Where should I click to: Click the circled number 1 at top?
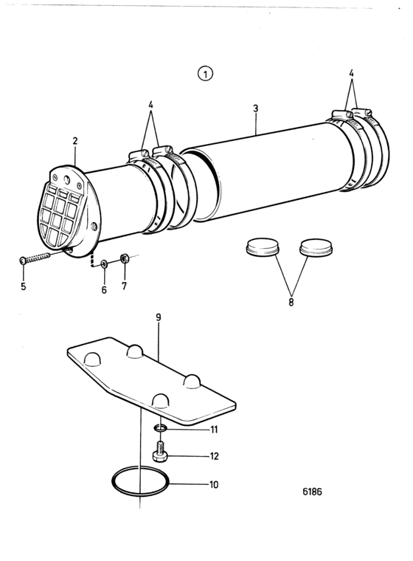(x=205, y=74)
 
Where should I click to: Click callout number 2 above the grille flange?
(x=74, y=140)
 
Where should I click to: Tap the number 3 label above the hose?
(x=255, y=108)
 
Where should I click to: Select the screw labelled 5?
(x=36, y=257)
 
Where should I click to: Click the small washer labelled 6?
(x=104, y=264)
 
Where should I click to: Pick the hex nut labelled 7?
(x=125, y=258)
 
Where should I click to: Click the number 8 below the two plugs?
(x=291, y=302)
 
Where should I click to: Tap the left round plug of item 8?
(x=263, y=246)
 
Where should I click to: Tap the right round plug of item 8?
(x=316, y=247)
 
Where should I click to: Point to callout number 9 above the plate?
(x=159, y=317)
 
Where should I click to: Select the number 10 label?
(x=214, y=484)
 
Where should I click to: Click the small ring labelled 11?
(x=161, y=428)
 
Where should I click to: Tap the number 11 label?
(x=214, y=429)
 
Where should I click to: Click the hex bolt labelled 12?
(x=160, y=452)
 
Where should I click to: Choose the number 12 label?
(x=214, y=456)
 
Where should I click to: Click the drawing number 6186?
(x=312, y=492)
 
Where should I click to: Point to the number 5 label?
(x=24, y=286)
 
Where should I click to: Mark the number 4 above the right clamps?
(x=351, y=73)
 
